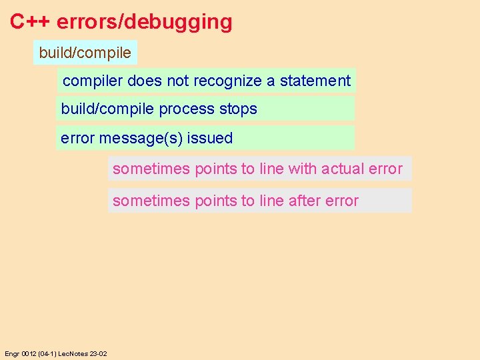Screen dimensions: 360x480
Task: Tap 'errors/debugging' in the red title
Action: click(x=145, y=22)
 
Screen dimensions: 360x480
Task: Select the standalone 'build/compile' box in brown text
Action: click(x=85, y=52)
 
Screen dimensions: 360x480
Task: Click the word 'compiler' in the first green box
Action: click(x=93, y=81)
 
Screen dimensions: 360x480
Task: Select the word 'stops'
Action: click(x=238, y=109)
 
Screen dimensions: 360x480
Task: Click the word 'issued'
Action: click(x=210, y=139)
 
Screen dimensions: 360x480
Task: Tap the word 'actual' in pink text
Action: click(x=342, y=169)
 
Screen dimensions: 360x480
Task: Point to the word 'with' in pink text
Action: click(x=303, y=169)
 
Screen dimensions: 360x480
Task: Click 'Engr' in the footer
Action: click(x=12, y=353)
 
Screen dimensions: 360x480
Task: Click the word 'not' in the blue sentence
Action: click(x=178, y=81)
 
